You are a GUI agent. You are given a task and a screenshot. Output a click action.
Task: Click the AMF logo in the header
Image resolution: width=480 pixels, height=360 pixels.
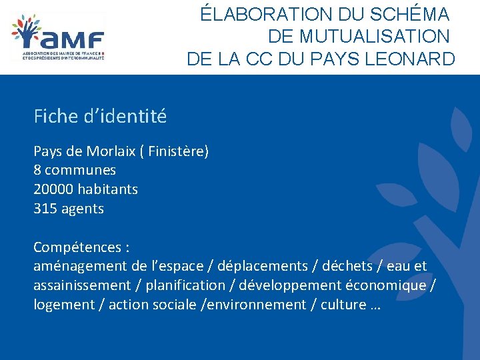[59, 37]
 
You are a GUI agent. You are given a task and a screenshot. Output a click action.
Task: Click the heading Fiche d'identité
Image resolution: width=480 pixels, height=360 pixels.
[100, 117]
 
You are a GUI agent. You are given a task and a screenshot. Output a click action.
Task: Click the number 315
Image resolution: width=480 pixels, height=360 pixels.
[45, 209]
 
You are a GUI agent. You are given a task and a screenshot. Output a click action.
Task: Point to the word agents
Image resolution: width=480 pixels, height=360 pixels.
[83, 209]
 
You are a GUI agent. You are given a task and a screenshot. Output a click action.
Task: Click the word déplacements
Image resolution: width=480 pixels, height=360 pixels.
[263, 267]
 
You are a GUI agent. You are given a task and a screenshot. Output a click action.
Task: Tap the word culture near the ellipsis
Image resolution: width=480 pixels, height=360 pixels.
[343, 305]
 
